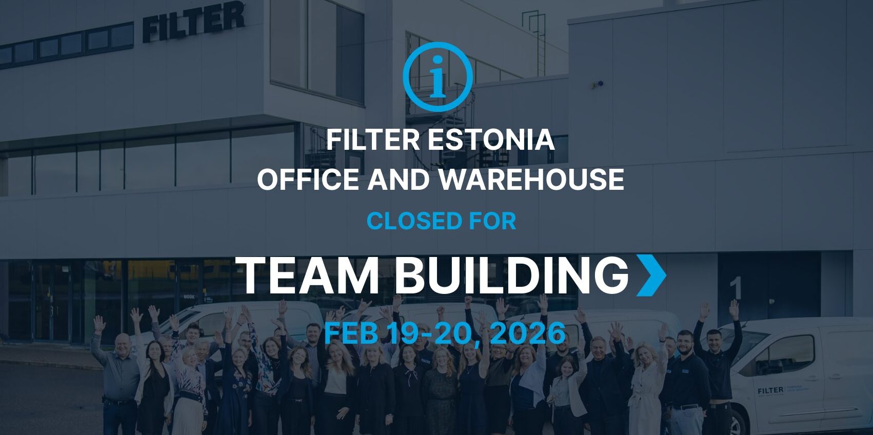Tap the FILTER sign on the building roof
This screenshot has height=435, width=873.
tap(193, 21)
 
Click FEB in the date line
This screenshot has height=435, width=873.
tap(351, 333)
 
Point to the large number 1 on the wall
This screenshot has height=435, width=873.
tap(736, 288)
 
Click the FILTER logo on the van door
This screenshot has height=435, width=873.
tap(770, 390)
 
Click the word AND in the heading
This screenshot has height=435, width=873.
tap(399, 180)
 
